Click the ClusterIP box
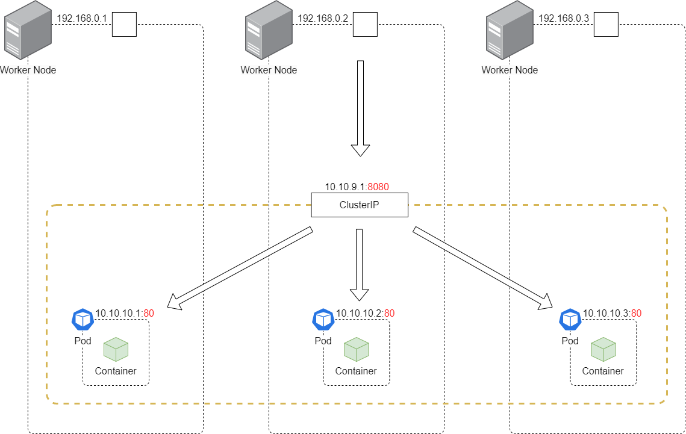(360, 205)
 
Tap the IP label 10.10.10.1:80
(125, 313)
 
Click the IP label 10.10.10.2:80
(365, 313)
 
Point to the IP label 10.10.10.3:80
(612, 313)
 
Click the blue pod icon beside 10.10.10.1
(83, 320)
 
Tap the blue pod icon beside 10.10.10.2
(323, 320)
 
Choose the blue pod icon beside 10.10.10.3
(570, 320)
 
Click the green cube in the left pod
(116, 350)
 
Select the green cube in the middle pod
(356, 350)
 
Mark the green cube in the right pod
(603, 350)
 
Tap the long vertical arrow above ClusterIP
(360, 108)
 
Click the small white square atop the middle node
(365, 25)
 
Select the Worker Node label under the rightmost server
(510, 70)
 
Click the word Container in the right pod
(603, 371)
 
